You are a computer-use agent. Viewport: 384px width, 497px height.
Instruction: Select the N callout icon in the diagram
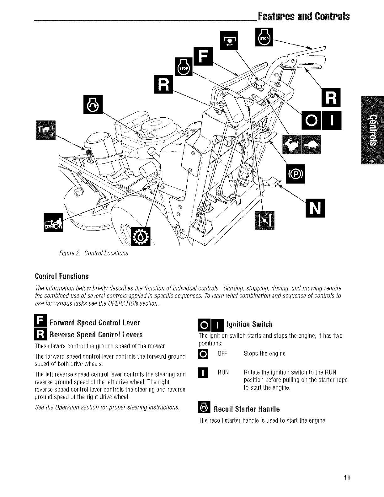click(x=315, y=208)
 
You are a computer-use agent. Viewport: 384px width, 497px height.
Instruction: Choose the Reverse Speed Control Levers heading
click(x=96, y=334)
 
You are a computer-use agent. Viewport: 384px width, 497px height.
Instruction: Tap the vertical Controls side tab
click(x=372, y=131)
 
